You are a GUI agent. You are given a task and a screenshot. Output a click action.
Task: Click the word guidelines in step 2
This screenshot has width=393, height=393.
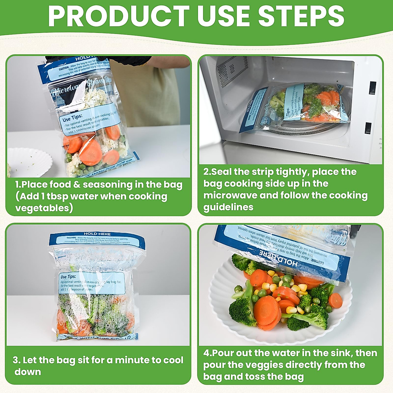pyautogui.click(x=228, y=207)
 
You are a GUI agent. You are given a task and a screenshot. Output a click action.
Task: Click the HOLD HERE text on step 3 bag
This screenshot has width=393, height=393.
pyautogui.click(x=97, y=234)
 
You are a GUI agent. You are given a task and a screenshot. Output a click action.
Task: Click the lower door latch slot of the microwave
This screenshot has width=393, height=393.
pyautogui.click(x=368, y=128)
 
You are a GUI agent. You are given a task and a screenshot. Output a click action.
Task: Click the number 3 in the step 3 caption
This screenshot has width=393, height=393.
pyautogui.click(x=16, y=360)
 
